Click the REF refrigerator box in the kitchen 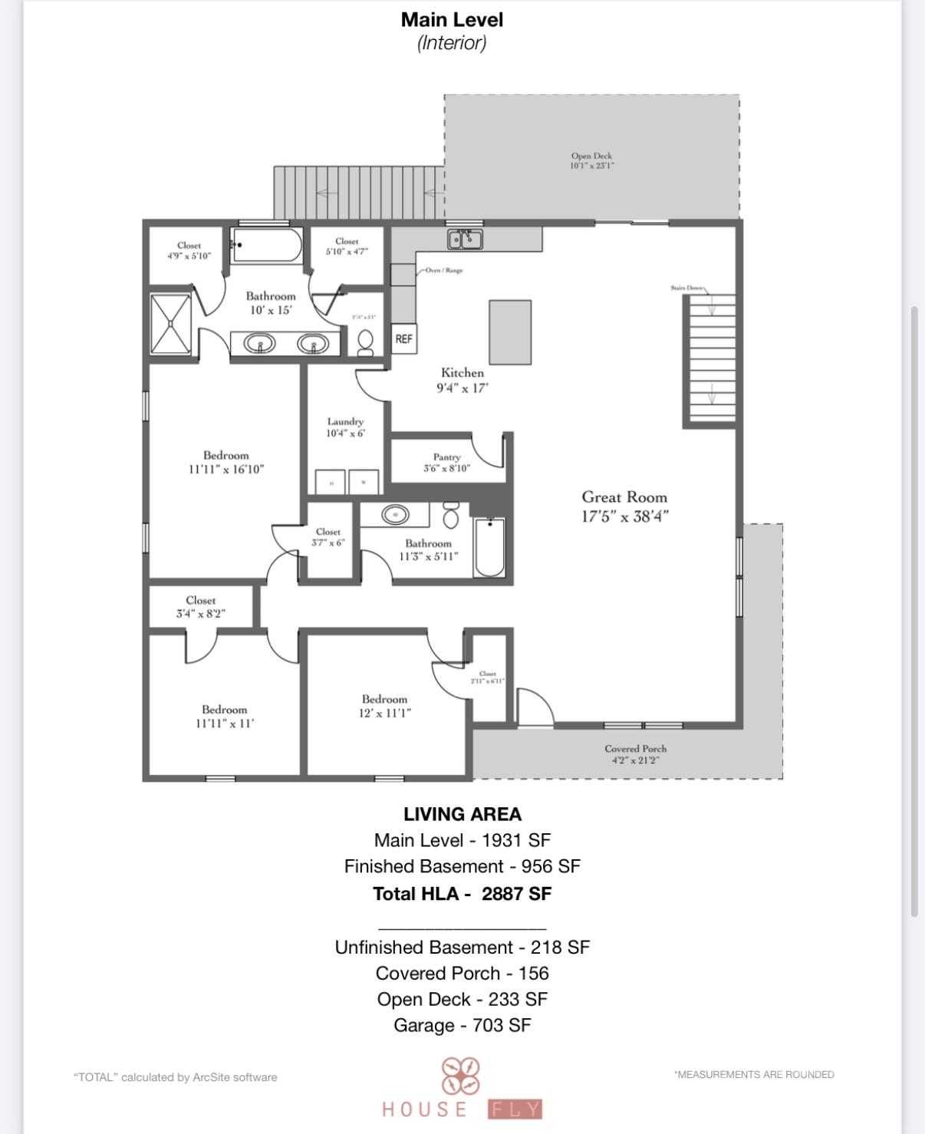(x=404, y=338)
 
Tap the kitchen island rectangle (x=510, y=332)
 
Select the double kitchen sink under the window (x=465, y=240)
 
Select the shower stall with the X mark (x=170, y=323)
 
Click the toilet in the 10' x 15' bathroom (x=366, y=341)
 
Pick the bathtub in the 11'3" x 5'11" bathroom (x=489, y=548)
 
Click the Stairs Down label (x=686, y=288)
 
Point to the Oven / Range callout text (x=444, y=271)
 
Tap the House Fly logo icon (x=460, y=1076)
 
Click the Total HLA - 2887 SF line (x=462, y=894)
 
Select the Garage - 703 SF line (x=462, y=1025)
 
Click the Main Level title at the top (x=452, y=20)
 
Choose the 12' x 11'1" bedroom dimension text (x=385, y=713)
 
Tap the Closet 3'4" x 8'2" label (x=200, y=607)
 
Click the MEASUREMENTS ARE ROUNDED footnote (x=754, y=1074)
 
